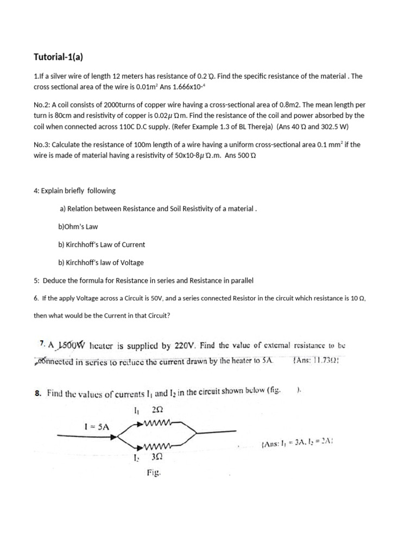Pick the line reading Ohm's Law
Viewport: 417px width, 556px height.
coord(78,226)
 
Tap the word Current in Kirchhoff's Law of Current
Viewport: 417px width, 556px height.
coord(133,244)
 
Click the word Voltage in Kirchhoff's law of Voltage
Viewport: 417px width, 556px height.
coord(131,262)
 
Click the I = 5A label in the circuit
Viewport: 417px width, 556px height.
coord(98,427)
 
